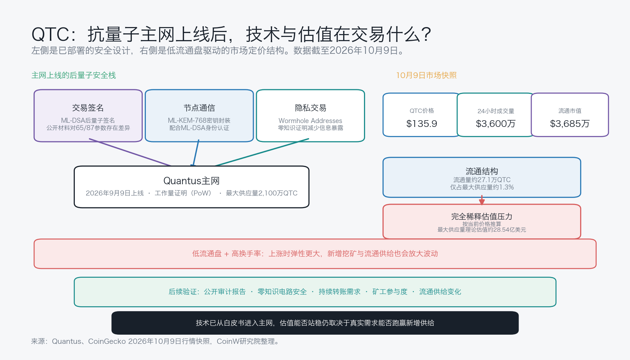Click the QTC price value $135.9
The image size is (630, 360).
[422, 124]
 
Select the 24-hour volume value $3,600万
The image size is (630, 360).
[495, 124]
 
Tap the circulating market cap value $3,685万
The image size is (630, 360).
[570, 124]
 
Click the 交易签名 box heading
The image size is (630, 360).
[88, 108]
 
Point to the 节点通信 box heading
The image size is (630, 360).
[199, 108]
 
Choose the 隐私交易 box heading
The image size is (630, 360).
[311, 108]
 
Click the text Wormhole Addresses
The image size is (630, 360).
[311, 121]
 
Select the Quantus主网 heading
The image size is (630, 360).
[191, 181]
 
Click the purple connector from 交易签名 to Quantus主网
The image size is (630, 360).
[130, 152]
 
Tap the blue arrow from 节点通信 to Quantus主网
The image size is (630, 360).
[196, 153]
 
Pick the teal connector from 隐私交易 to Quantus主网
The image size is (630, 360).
[262, 152]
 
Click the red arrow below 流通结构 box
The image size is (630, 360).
[482, 200]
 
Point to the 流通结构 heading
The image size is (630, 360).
[482, 171]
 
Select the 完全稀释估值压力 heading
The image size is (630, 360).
[482, 217]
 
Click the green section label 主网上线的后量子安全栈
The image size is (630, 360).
[74, 75]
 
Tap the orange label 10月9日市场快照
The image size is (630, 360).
[427, 75]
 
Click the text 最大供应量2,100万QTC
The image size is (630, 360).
[262, 193]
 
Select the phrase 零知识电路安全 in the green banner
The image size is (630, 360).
[282, 292]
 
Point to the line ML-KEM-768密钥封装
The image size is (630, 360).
[199, 121]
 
